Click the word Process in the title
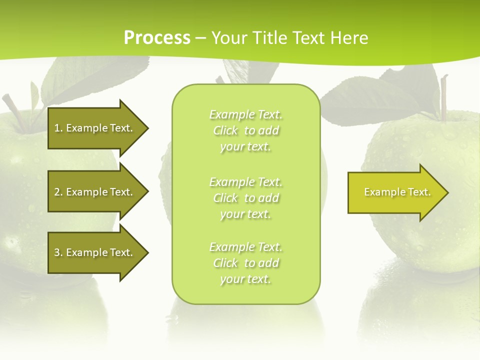[157, 38]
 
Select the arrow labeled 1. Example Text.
[95, 128]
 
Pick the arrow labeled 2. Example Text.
[95, 192]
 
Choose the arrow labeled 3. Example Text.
[95, 252]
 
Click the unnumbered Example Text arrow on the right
[395, 192]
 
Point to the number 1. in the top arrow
[58, 128]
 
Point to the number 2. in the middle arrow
[58, 192]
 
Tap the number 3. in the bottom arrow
[58, 252]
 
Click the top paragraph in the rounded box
[245, 130]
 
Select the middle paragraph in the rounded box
[245, 198]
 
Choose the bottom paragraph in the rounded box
[245, 263]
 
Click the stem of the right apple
[443, 97]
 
